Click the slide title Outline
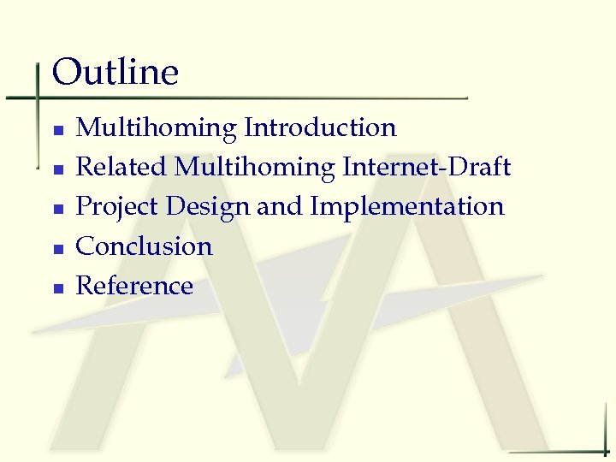coord(115,73)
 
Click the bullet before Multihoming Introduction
coord(57,130)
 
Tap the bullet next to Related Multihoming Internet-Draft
coord(57,169)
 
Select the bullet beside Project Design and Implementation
coord(57,209)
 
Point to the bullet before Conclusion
coord(57,248)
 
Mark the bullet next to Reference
coord(57,287)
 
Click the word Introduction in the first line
coord(320,127)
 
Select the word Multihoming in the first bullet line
coord(157,128)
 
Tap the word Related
coord(122,167)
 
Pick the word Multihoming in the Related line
coord(255,168)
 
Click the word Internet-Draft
coord(426,167)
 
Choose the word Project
coord(118,207)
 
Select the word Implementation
coord(407,207)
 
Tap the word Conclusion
coord(145,246)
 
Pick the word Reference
coord(135,286)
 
